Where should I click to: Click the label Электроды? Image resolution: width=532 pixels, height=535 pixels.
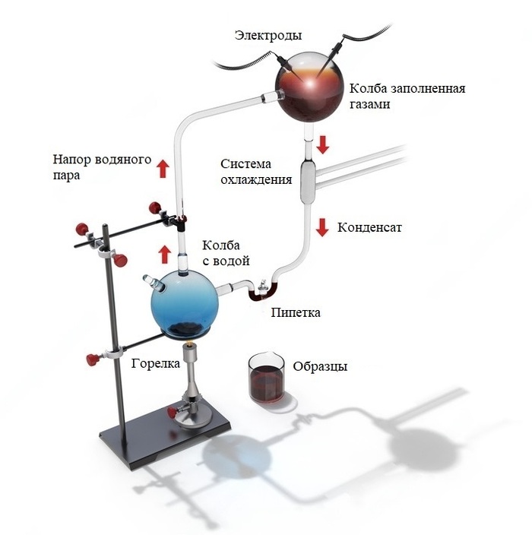(268, 36)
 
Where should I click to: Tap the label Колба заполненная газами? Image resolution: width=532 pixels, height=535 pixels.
(407, 96)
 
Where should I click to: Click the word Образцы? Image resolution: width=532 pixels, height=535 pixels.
(320, 366)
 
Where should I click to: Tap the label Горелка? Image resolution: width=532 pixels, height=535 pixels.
(155, 363)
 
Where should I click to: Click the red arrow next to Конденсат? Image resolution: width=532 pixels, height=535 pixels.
(322, 226)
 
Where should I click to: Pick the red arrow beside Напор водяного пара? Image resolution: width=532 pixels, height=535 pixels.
(162, 168)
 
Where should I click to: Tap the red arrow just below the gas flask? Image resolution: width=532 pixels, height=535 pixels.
(322, 144)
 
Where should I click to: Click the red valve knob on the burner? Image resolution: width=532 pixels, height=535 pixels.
(173, 413)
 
